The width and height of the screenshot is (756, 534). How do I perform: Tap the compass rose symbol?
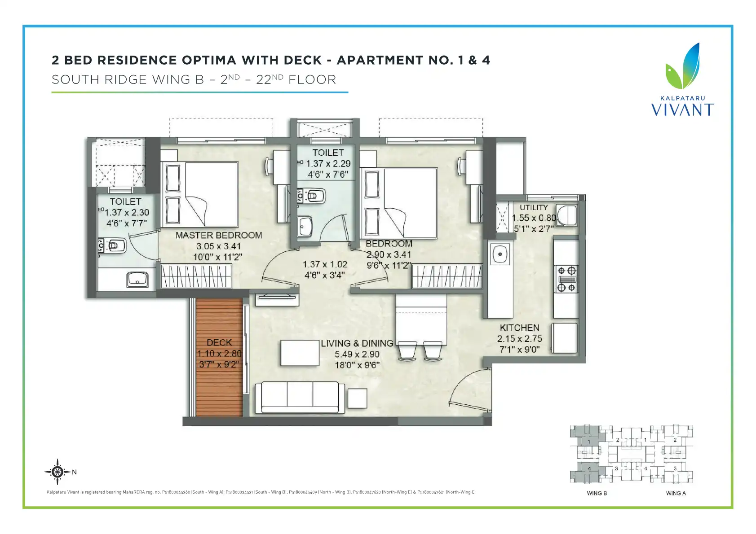tap(57, 472)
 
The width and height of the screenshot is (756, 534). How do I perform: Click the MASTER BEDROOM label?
tap(219, 235)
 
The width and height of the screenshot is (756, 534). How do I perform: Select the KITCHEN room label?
tap(519, 328)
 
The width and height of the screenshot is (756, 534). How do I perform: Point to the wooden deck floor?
tap(219, 357)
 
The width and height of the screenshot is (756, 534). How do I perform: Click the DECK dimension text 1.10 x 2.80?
tap(219, 354)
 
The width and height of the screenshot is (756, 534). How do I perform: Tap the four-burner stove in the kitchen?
tap(566, 279)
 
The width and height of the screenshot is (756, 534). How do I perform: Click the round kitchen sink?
tap(500, 254)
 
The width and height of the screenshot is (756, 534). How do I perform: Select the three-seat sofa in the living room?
tap(300, 398)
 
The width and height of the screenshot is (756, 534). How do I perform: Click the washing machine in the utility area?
tap(567, 215)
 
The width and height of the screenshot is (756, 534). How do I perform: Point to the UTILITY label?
tap(534, 207)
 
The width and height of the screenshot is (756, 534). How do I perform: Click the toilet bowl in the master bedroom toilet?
tap(112, 245)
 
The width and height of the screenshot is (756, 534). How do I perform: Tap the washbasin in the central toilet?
tap(305, 226)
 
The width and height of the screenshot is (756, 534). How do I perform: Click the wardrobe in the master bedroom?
tap(196, 276)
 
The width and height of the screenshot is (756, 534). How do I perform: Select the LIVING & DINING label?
tap(357, 344)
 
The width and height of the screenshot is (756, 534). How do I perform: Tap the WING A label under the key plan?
tap(676, 493)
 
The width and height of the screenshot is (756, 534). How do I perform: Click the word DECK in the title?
tap(302, 60)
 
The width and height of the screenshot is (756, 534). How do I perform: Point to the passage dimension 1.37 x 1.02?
tap(325, 264)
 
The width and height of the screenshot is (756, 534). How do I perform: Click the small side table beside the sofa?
tap(358, 398)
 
